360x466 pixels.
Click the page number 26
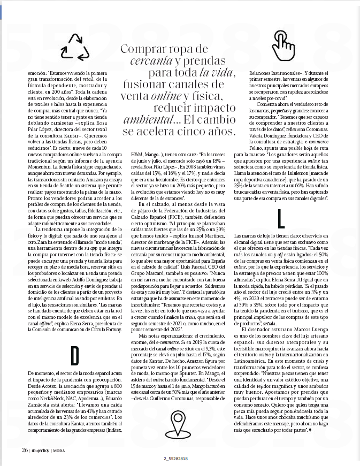25,449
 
